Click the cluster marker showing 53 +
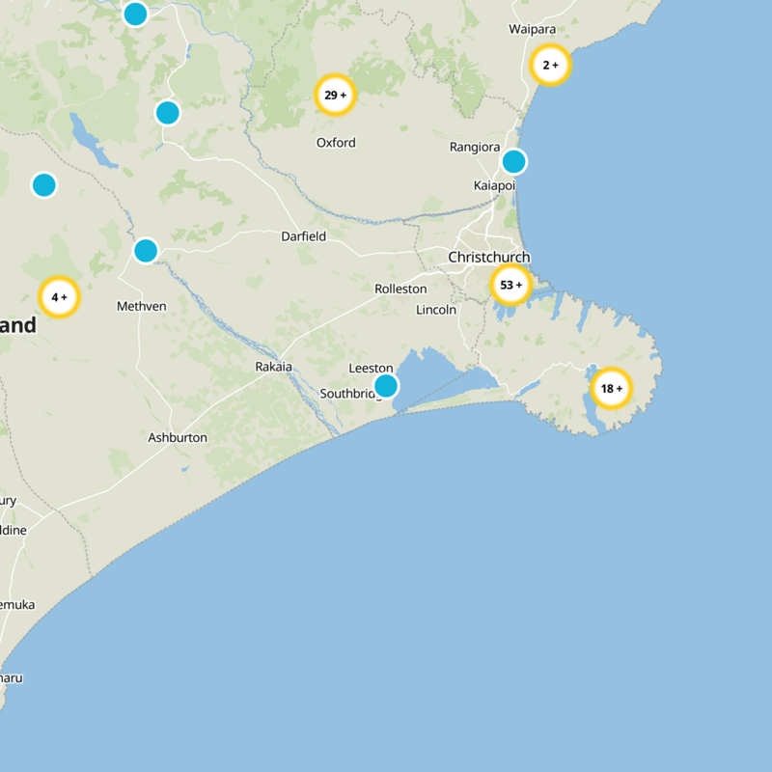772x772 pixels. (x=510, y=285)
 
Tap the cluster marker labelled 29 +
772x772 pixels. (x=336, y=95)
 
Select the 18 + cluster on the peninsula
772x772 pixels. (x=611, y=389)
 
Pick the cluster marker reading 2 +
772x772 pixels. (x=550, y=66)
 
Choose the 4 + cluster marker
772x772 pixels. (x=59, y=297)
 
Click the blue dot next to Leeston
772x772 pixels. (x=386, y=386)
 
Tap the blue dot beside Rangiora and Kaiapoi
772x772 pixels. (x=514, y=161)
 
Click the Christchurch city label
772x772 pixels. (x=488, y=258)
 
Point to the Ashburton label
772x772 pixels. (x=178, y=437)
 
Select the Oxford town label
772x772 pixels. (x=336, y=143)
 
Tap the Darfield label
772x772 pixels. (x=303, y=236)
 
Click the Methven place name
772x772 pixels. (x=141, y=306)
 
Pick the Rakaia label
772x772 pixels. (x=272, y=367)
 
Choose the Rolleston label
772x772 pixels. (x=400, y=289)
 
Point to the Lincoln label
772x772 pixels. (x=436, y=310)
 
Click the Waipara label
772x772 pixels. (x=533, y=29)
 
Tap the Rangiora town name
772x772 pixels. (x=475, y=148)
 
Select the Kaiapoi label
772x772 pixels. (x=494, y=184)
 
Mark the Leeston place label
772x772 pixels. (x=371, y=368)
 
